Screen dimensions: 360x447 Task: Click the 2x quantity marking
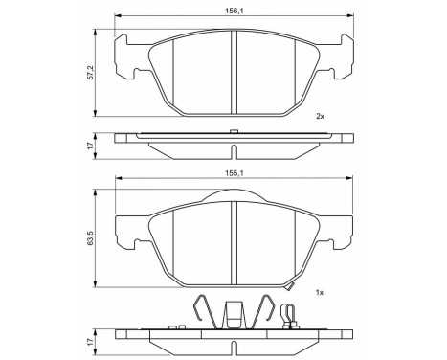pos(321,116)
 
